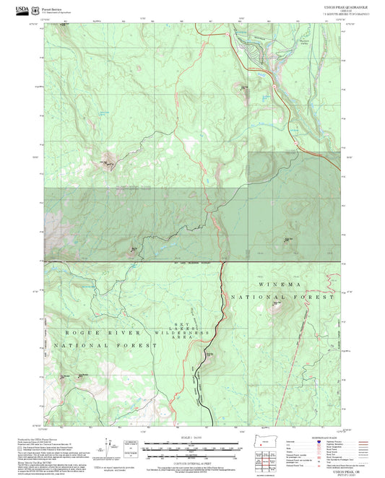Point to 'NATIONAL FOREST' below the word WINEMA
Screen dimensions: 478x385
[x=283, y=297]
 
